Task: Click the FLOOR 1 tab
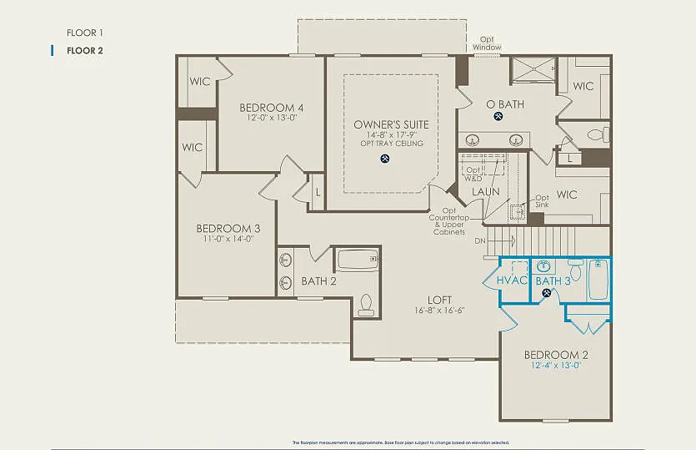coord(85,33)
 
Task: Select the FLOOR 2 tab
coord(85,50)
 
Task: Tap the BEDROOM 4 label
coord(272,108)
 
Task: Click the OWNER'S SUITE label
coord(391,124)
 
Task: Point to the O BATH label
coord(505,104)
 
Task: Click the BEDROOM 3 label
coord(228,228)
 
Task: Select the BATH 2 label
coord(318,281)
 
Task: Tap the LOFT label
coord(439,299)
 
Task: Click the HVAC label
coord(512,281)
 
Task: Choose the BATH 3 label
coord(553,281)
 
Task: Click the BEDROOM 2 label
coord(551,355)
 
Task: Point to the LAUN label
coord(486,192)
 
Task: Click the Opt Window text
coord(487,43)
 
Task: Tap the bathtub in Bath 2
coord(357,260)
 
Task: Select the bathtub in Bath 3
coord(598,280)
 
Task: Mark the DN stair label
coord(480,241)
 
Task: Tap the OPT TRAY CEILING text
coord(391,144)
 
